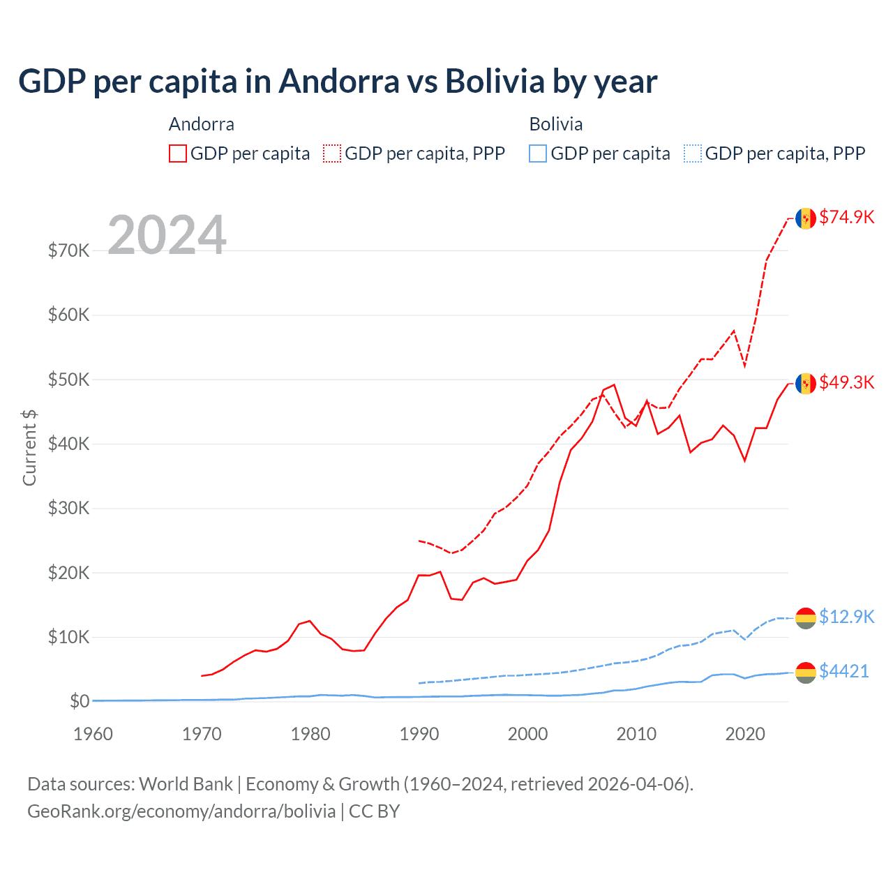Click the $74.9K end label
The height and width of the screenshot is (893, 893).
click(x=846, y=217)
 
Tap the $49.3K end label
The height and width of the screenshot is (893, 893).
click(x=846, y=382)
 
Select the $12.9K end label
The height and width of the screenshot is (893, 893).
click(x=846, y=617)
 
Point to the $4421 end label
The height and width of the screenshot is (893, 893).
click(x=844, y=671)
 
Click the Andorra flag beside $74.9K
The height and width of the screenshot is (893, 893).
click(x=806, y=218)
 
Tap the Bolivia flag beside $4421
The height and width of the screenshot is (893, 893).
click(x=806, y=673)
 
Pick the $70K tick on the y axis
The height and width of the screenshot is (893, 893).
click(x=68, y=250)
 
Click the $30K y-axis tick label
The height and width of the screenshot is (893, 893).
click(x=68, y=508)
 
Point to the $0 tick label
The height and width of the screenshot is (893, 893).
click(x=80, y=701)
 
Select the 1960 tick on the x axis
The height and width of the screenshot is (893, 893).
click(x=93, y=734)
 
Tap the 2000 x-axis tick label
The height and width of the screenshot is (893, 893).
click(x=527, y=734)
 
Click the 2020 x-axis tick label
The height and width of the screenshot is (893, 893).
click(x=745, y=734)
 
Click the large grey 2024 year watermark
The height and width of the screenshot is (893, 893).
click(x=167, y=235)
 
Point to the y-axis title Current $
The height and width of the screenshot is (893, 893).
click(x=29, y=448)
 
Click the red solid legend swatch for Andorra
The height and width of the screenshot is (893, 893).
click(x=178, y=153)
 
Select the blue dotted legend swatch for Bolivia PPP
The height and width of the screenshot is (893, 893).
click(x=693, y=153)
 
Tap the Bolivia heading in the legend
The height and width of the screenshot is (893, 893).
click(x=556, y=124)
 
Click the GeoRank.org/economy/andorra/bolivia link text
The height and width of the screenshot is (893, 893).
click(x=181, y=811)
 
